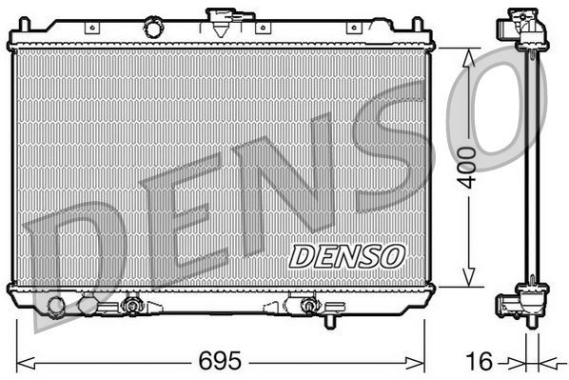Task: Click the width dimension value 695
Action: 221,363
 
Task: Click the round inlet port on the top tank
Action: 152,29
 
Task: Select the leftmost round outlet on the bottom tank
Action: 56,306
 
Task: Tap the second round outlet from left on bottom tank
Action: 88,306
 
